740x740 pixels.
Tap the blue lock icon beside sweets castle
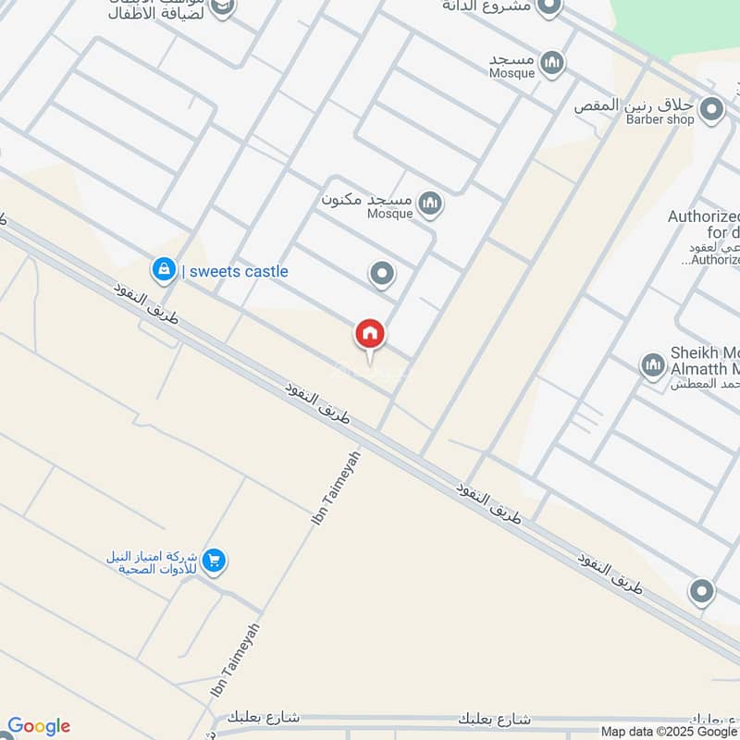pyautogui.click(x=164, y=270)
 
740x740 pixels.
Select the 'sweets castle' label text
pyautogui.click(x=238, y=271)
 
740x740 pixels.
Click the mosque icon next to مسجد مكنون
pyautogui.click(x=429, y=203)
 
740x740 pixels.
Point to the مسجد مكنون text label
pyautogui.click(x=366, y=200)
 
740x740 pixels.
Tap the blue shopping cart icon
pyautogui.click(x=215, y=561)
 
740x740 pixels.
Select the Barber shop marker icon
pyautogui.click(x=711, y=111)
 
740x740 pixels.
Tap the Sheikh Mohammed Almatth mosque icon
pyautogui.click(x=653, y=365)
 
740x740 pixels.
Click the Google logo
pyautogui.click(x=39, y=726)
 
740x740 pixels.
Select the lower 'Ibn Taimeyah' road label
pyautogui.click(x=235, y=660)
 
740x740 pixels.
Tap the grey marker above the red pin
pyautogui.click(x=381, y=274)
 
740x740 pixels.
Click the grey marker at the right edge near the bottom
pyautogui.click(x=702, y=590)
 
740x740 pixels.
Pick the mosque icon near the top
pyautogui.click(x=553, y=63)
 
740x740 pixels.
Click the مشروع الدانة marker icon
pyautogui.click(x=549, y=7)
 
